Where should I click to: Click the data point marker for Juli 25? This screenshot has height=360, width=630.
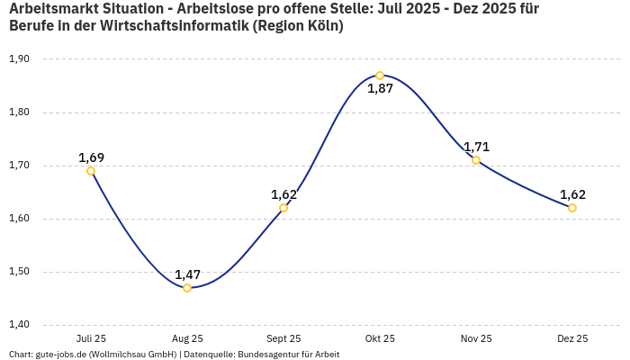click(91, 171)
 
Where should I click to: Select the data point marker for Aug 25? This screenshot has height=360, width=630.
click(187, 288)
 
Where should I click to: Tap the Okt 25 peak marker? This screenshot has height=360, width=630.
click(380, 76)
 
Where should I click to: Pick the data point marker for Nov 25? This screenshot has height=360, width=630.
click(476, 160)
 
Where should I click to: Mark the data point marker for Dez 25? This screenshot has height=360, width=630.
click(572, 208)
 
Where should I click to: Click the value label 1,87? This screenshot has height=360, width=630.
click(380, 89)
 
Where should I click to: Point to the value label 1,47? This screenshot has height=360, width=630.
click(187, 274)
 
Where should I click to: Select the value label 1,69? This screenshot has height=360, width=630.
click(91, 157)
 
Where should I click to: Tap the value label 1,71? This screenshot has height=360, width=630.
click(476, 147)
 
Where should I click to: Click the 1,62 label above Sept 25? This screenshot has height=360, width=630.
click(283, 194)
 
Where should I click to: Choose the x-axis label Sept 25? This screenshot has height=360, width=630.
click(283, 338)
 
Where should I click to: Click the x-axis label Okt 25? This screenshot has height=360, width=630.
click(380, 338)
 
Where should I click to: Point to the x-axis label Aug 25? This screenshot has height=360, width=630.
click(187, 338)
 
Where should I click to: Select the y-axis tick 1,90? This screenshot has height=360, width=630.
click(19, 59)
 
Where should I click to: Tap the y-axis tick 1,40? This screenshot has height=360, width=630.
click(19, 325)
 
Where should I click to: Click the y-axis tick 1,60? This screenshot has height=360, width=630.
click(19, 219)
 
